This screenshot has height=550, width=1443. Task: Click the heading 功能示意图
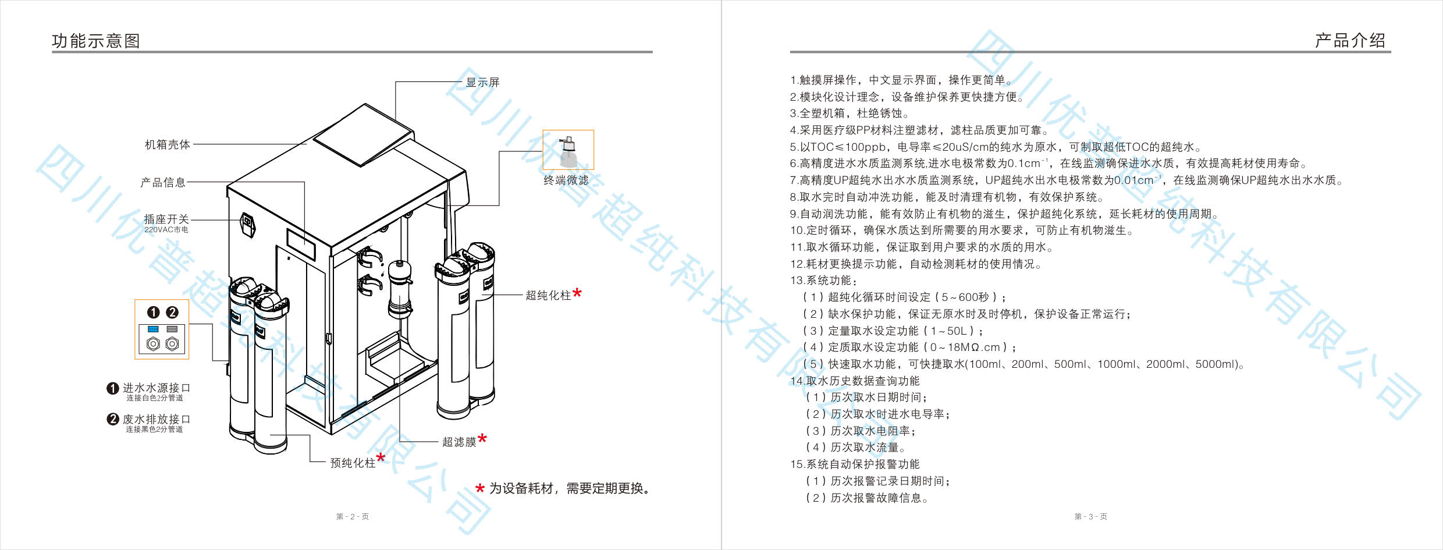pos(96,41)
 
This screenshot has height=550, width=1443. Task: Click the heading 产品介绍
pos(1350,40)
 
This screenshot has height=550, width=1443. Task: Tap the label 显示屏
pos(483,82)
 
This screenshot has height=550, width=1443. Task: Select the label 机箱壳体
pos(168,144)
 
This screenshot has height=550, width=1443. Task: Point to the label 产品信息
pos(163,182)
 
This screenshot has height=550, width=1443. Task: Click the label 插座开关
pos(166,219)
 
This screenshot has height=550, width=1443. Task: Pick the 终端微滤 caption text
pos(566,180)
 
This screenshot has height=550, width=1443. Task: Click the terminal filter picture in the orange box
pos(568,150)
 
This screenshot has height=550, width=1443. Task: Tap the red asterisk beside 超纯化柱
pos(577,293)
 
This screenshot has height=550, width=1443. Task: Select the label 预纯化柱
pos(353,463)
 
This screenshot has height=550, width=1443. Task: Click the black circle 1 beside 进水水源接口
pos(113,388)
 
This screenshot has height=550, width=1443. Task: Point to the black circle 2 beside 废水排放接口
pos(113,419)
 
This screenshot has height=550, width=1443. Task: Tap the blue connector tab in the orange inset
pos(153,329)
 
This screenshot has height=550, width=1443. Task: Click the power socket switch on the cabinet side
pos(248,225)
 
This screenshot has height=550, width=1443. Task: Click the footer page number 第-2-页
pos(353,516)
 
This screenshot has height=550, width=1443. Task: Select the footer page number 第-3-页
pos(1090,516)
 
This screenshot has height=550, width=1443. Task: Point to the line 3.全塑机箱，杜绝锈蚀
pos(849,113)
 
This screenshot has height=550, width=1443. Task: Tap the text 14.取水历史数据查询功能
pos(855,381)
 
